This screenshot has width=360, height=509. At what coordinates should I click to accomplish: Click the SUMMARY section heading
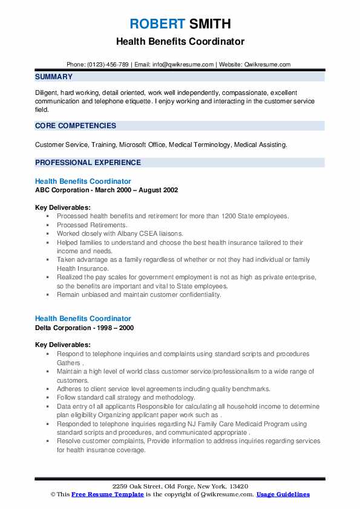pos(54,77)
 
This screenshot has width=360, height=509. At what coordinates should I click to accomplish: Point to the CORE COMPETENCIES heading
pos(76,126)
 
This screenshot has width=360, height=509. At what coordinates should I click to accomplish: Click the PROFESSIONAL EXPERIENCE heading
pos(88,162)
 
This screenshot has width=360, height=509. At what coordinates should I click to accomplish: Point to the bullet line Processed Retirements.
pos(83,224)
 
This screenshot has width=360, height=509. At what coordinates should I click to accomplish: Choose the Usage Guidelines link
pos(283,494)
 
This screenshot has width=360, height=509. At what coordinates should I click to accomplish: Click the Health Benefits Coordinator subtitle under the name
pos(180,42)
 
